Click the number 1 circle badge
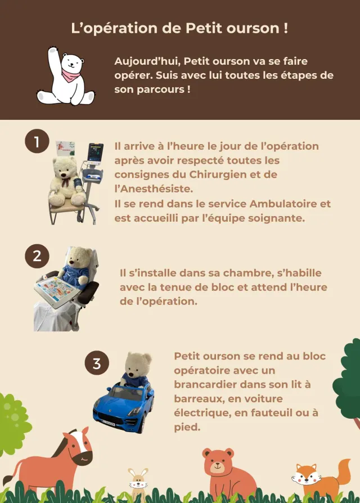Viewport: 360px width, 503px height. coord(37,142)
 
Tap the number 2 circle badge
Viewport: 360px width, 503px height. coord(37,256)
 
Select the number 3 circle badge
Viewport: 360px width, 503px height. coord(97,363)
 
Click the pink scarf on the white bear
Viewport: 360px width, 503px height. coord(71,75)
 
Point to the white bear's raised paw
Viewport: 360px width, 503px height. coord(53,54)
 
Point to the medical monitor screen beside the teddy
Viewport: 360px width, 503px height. coord(95,152)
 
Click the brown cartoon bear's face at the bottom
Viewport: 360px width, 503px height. coord(218,464)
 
